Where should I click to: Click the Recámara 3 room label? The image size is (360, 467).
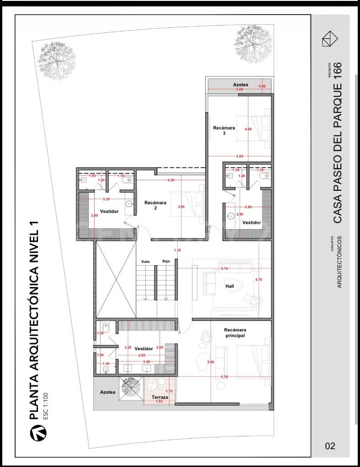pyautogui.click(x=224, y=131)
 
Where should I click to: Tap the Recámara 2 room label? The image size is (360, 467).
pyautogui.click(x=155, y=205)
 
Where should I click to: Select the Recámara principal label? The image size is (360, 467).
pyautogui.click(x=235, y=332)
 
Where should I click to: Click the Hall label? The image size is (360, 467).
pyautogui.click(x=230, y=286)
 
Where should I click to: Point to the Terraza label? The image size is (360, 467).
pyautogui.click(x=160, y=398)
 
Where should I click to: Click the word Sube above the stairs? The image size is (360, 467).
pyautogui.click(x=145, y=262)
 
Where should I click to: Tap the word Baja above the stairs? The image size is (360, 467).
pyautogui.click(x=166, y=262)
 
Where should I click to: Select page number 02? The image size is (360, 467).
pyautogui.click(x=330, y=446)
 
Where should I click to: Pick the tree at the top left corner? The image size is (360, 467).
pyautogui.click(x=56, y=60)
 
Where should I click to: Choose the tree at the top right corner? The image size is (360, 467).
pyautogui.click(x=253, y=44)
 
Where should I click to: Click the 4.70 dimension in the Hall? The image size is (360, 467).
pyautogui.click(x=259, y=279)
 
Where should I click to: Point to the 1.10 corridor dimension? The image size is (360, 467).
pyautogui.click(x=177, y=250)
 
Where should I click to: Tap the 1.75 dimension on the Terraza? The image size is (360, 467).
pyautogui.click(x=169, y=391)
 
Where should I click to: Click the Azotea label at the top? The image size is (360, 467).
pyautogui.click(x=240, y=85)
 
